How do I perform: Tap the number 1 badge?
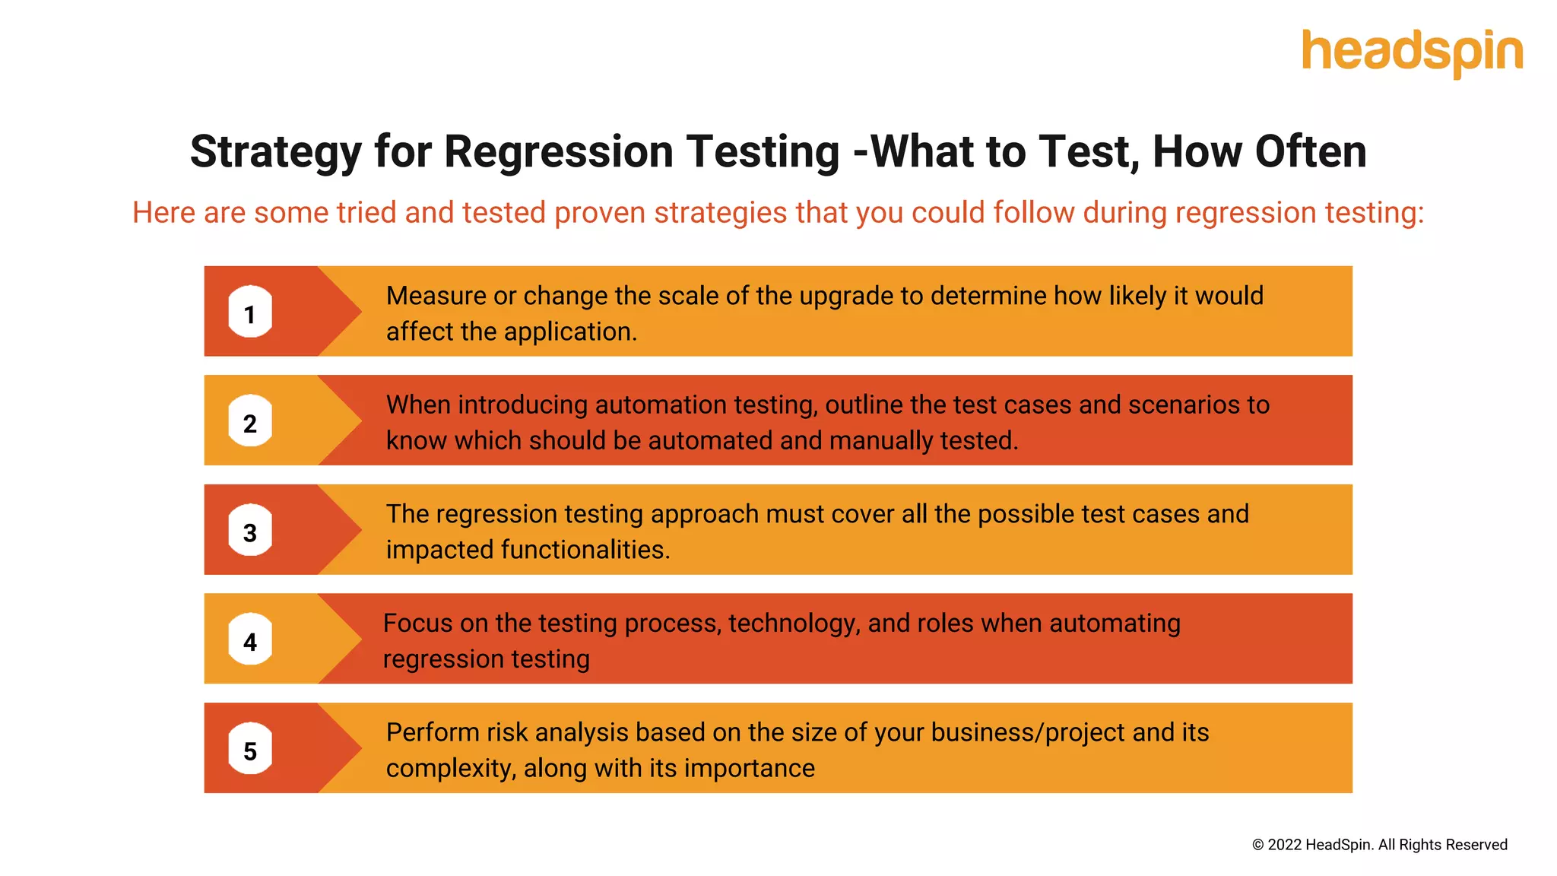tap(250, 312)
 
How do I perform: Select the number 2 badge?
tap(250, 421)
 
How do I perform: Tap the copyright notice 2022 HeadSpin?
tap(1379, 845)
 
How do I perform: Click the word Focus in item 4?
tap(417, 624)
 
